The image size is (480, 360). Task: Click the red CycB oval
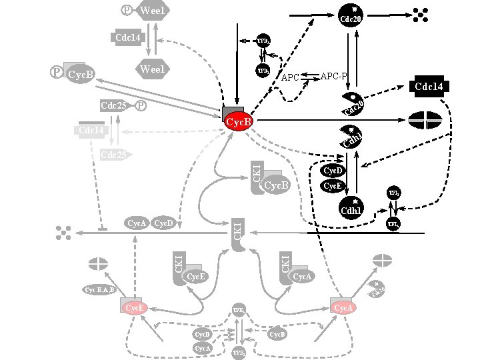(239, 123)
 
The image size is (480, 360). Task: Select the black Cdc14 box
(431, 87)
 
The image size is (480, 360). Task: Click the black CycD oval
(332, 171)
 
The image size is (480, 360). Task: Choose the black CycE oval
(332, 186)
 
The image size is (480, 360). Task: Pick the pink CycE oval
(135, 307)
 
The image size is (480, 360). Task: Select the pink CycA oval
(343, 307)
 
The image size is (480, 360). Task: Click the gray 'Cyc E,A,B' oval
(99, 290)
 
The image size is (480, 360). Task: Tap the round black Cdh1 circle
(350, 208)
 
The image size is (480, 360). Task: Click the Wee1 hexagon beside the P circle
(153, 11)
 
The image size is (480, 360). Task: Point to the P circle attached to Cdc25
(141, 105)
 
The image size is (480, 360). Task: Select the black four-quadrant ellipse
(425, 120)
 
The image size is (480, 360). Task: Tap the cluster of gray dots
(64, 232)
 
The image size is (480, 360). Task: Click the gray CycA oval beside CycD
(137, 223)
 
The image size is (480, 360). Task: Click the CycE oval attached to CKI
(195, 276)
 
